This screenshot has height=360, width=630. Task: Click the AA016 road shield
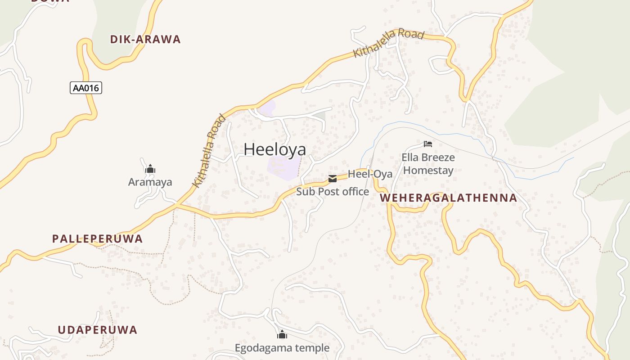[86, 88]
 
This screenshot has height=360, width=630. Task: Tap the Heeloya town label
[274, 150]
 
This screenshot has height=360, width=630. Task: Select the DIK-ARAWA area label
[145, 40]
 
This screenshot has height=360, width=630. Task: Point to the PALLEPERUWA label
[97, 239]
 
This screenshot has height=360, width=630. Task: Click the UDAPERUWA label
[97, 330]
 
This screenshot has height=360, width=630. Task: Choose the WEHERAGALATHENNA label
[449, 198]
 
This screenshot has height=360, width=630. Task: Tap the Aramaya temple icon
[150, 169]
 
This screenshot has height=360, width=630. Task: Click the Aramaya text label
[150, 182]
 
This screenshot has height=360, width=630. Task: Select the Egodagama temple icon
[282, 335]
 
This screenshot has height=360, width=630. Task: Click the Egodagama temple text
[282, 348]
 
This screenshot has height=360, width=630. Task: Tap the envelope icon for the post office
[333, 179]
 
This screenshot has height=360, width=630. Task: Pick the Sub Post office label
[333, 192]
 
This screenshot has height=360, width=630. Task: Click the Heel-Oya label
[370, 174]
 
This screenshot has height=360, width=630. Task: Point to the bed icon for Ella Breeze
[428, 144]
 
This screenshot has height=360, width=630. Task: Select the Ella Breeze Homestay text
[428, 164]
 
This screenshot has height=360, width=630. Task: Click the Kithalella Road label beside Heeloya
[209, 151]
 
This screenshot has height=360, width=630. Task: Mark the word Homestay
[428, 171]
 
